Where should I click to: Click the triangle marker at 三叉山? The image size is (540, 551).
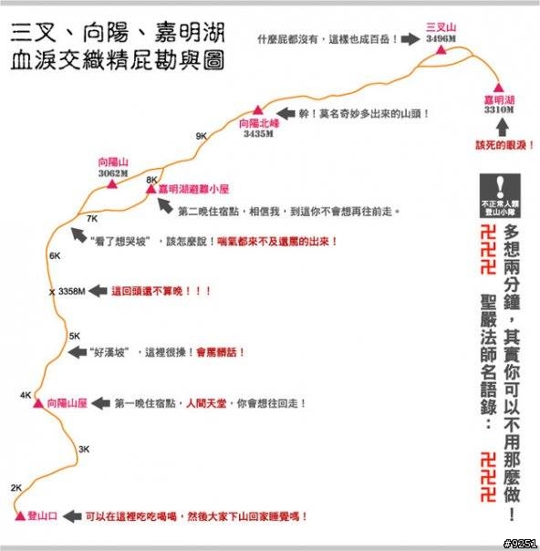pos(441,50)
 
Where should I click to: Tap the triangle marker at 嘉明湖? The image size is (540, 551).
pos(498,88)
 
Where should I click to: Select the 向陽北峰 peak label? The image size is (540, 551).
pos(259,123)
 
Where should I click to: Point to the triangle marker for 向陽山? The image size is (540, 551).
pos(112,183)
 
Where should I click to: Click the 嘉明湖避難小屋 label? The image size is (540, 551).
pos(193,189)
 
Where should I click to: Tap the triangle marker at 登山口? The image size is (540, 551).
pos(20,515)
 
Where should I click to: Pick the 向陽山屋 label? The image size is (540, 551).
pos(67,403)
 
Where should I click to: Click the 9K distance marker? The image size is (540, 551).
pos(202,136)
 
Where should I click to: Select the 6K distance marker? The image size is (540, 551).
pos(55,255)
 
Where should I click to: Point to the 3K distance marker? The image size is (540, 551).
pos(84,449)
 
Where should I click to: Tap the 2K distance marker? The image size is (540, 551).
pos(16,488)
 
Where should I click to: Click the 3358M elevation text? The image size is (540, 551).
pos(72,291)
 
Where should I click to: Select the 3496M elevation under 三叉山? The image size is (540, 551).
pos(441,38)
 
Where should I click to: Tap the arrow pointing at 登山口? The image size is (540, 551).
pos(73,516)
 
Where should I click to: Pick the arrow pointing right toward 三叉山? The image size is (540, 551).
pos(410,38)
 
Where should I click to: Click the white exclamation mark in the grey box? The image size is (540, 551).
pos(500,187)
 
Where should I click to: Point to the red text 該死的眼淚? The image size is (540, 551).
pos(504,145)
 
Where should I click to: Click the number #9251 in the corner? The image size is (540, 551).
pos(520,544)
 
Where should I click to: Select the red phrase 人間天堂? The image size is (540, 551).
pos(206,403)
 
